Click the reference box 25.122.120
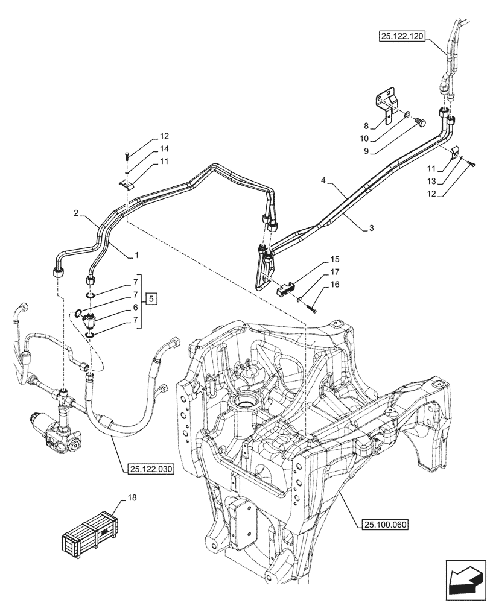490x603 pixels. coord(402,37)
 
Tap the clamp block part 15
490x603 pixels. coord(287,288)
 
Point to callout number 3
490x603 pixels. coord(371,229)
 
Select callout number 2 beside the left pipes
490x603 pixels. coord(77,213)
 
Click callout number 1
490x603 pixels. coord(136,256)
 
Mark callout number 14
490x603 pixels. coord(147,148)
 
